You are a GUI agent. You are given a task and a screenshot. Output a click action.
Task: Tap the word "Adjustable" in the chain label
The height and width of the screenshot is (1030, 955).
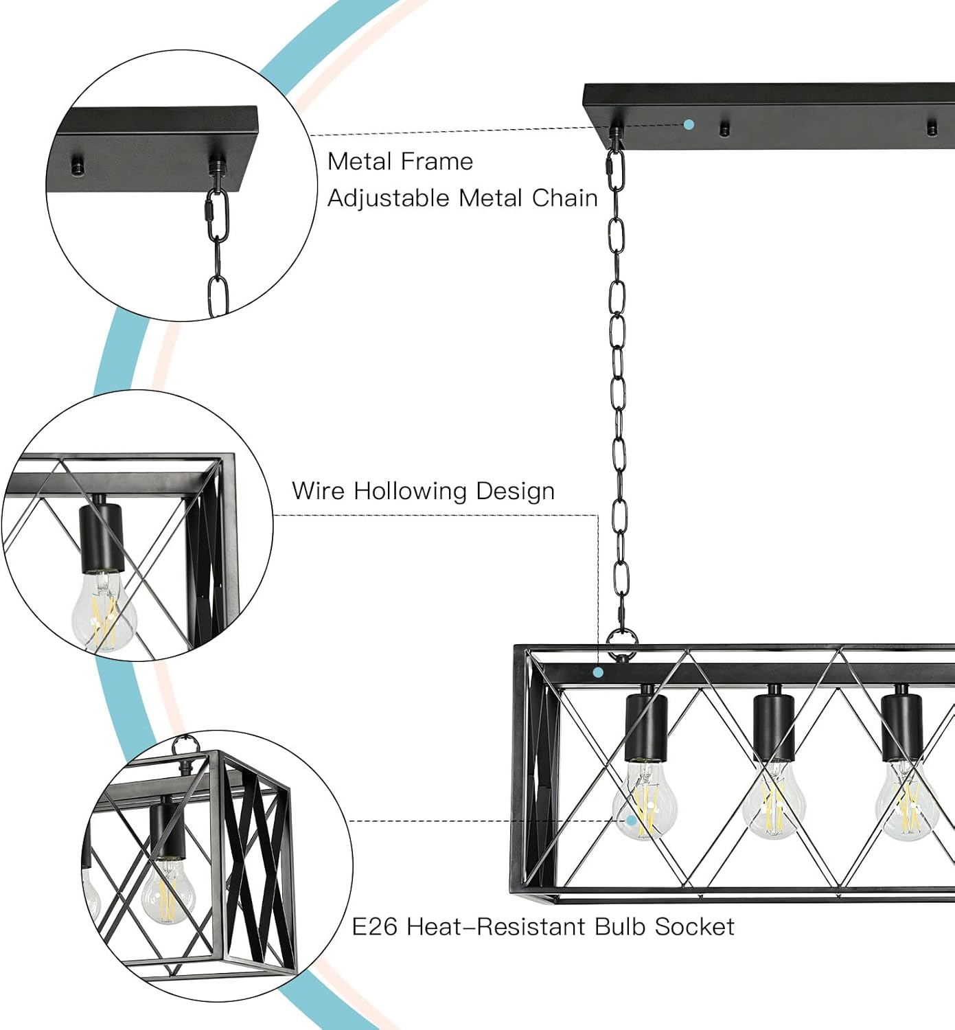tap(388, 198)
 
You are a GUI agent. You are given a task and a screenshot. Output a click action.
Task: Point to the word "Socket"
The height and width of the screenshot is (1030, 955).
tap(694, 927)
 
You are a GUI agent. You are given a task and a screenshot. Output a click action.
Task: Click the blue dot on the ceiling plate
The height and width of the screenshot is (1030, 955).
tap(689, 124)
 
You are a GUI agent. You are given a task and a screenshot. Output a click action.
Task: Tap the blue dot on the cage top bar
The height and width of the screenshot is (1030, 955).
tap(598, 672)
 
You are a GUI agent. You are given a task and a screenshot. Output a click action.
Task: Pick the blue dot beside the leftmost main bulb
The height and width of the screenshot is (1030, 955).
tap(631, 820)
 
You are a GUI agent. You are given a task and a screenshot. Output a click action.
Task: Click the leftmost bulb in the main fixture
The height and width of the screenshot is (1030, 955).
tap(645, 800)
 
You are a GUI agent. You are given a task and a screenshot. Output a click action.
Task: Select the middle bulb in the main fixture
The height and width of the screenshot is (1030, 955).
tap(774, 800)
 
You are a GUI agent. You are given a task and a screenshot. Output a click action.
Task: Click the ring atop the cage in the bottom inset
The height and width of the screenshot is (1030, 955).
tap(183, 744)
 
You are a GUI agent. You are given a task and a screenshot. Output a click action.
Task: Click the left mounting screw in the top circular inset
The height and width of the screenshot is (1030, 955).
tap(78, 165)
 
